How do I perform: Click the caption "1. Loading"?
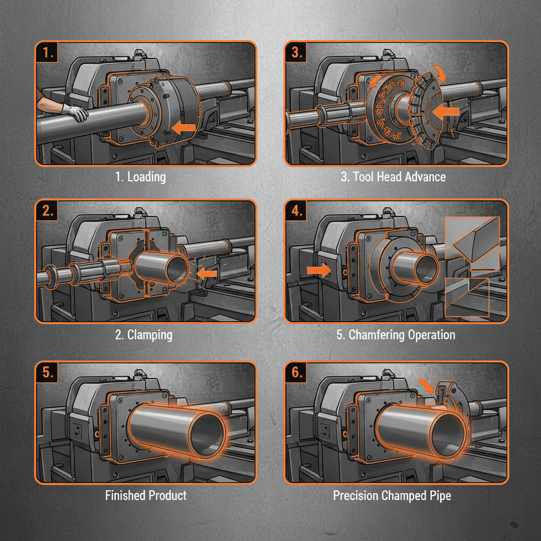coord(141,176)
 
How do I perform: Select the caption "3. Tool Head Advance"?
coord(393,176)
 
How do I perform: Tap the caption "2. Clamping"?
coord(144,335)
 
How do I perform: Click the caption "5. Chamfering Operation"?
coord(396,335)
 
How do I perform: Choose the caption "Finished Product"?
coord(146,496)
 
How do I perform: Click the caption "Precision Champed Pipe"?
coord(392,496)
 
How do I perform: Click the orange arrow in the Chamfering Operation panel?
coord(317,269)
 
